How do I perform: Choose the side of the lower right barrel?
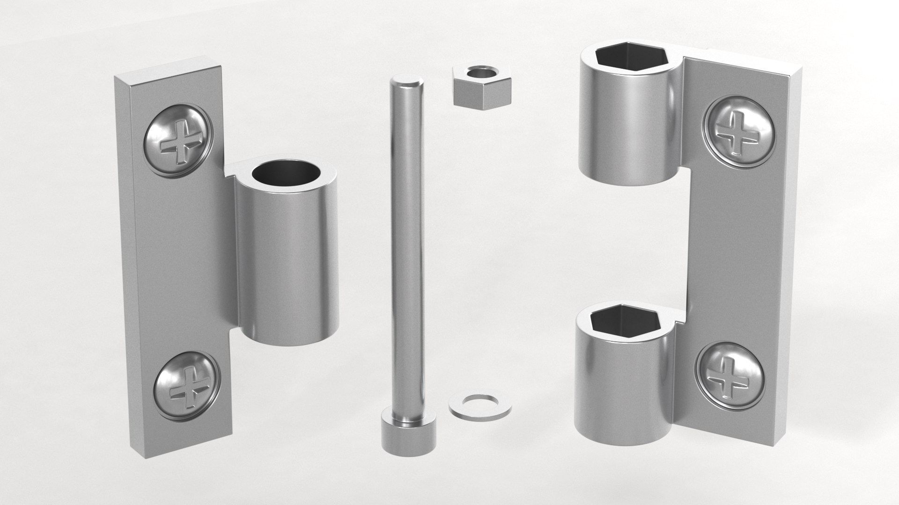622,383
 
